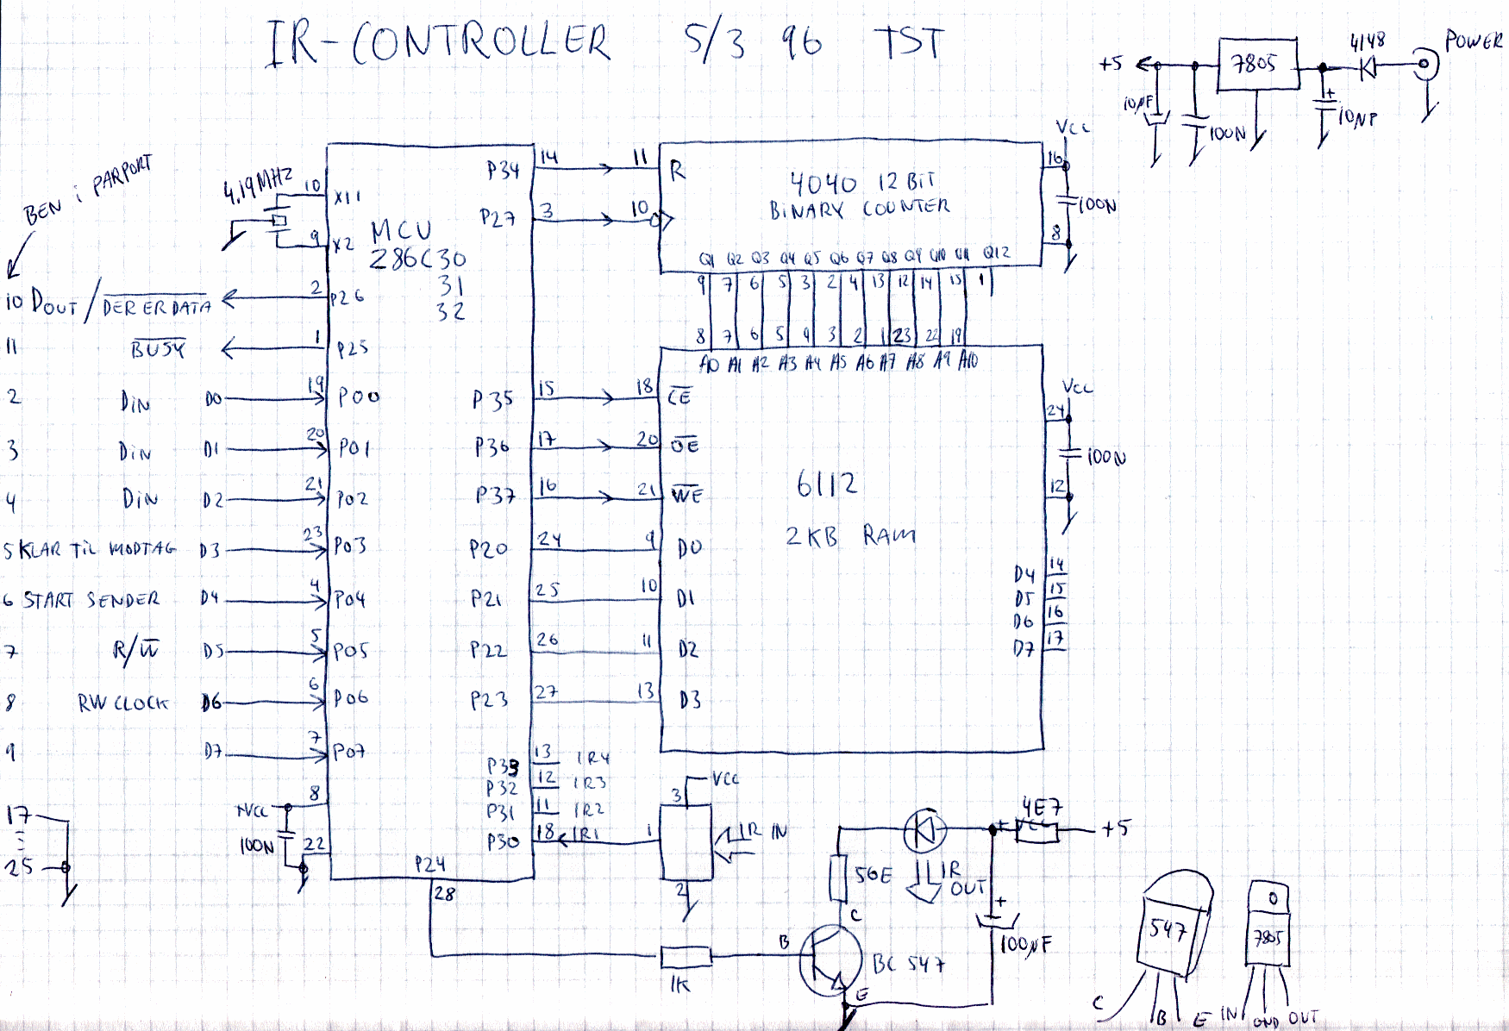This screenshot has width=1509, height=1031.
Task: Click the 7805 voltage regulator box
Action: [1257, 64]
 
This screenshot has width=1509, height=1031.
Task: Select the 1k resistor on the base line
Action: [686, 956]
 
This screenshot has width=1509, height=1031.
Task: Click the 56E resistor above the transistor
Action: [837, 878]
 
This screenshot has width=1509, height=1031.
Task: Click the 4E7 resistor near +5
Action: [1037, 830]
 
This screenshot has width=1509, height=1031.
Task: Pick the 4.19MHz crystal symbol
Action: [278, 222]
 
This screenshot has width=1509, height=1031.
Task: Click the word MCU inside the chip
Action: [401, 231]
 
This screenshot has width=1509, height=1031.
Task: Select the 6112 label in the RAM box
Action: [827, 484]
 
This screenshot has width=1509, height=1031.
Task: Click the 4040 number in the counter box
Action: [823, 184]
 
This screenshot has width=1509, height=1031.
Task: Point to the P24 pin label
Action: [429, 864]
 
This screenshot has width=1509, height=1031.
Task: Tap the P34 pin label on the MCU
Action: [503, 170]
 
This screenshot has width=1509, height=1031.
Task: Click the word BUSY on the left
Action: [158, 349]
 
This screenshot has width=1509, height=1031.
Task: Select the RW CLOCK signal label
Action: [122, 703]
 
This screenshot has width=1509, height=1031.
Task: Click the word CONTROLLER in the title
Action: [480, 43]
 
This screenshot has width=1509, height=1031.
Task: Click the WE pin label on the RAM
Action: [686, 496]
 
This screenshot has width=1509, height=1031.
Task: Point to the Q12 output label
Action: [996, 253]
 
